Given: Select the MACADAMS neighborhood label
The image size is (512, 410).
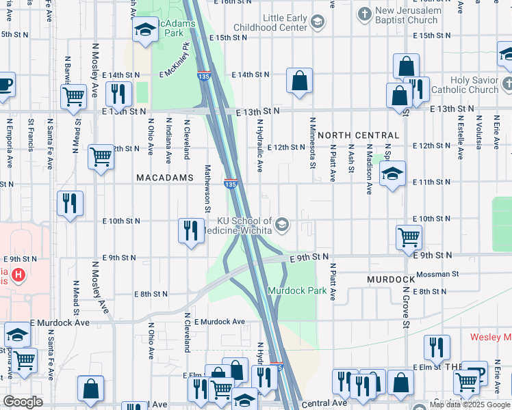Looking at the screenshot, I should coord(165,177).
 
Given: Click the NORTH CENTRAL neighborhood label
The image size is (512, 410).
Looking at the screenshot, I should coord(358,135).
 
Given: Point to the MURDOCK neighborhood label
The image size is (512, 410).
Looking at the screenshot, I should coord(391,279).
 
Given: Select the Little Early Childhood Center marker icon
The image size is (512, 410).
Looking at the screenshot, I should coord(317,23).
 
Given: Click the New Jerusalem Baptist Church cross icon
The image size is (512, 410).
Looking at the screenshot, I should coord(364,13).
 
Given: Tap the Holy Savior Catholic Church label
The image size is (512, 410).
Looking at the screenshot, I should coord(475,85).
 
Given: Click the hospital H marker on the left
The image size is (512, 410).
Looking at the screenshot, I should coord(19,276).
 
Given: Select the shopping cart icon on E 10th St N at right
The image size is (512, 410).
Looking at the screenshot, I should coord(409,237).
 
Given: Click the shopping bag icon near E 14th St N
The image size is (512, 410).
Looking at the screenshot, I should coord(300,81).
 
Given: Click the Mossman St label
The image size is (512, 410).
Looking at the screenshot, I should coord(437,273).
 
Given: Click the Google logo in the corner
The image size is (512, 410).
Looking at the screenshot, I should coord(23,402).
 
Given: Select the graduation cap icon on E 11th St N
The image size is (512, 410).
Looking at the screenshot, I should coord(393,174).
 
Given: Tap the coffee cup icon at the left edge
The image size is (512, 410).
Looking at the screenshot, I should coord(5,85).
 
